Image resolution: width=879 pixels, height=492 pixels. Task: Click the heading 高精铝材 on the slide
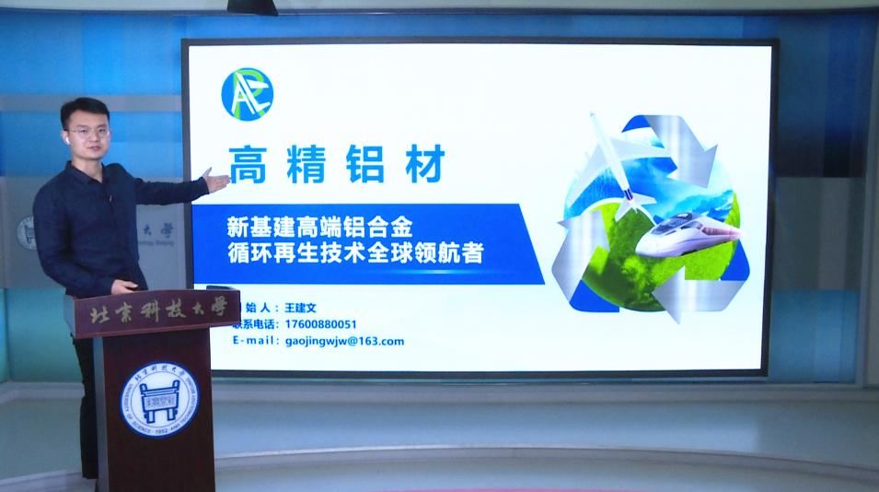point(336,165)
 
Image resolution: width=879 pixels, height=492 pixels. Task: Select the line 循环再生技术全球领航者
point(354,252)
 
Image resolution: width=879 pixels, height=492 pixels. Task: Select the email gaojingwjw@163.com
point(339,341)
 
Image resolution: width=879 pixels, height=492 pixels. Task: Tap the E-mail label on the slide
point(256,341)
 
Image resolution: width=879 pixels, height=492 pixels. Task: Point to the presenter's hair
point(83,109)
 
